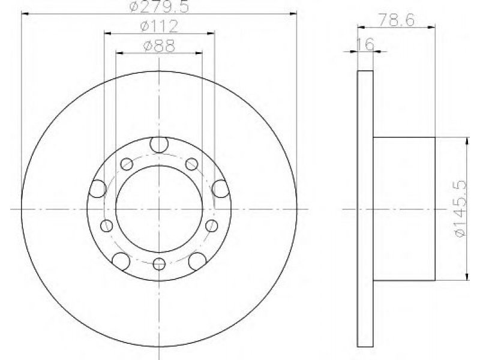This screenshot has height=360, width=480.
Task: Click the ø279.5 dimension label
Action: point(160,7)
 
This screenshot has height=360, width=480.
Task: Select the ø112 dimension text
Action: point(160,26)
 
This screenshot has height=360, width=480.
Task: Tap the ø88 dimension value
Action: point(159,46)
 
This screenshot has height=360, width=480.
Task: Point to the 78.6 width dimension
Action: point(397,20)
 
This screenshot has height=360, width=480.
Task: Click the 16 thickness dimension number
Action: point(365,44)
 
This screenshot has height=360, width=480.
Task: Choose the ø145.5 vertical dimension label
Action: point(461,209)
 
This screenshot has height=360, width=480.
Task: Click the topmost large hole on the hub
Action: point(159,144)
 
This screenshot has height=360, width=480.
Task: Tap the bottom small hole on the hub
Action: point(159,264)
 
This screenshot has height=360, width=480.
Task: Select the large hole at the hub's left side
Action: point(98,188)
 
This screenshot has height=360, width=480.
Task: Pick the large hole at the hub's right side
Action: point(221,188)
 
